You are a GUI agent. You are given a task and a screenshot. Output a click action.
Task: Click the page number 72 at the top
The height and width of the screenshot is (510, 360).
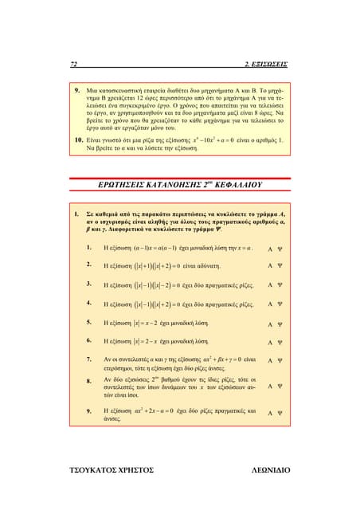(73, 63)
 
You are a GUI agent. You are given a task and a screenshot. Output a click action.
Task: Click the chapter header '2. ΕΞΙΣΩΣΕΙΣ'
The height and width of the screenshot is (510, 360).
(266, 63)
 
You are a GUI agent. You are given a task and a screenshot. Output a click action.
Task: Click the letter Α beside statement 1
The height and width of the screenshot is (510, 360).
(270, 248)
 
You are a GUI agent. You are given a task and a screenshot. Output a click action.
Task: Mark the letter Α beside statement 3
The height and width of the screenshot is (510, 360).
(270, 285)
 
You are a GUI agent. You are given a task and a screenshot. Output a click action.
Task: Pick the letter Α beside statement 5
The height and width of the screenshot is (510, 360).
(270, 324)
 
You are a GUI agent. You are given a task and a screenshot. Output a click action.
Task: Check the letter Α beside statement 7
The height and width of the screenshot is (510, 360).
(270, 361)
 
